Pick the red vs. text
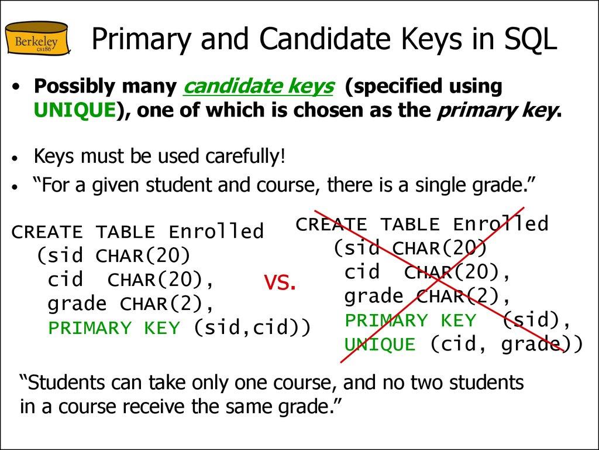coord(280,283)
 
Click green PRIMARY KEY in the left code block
coord(114,328)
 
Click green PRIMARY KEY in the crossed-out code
coord(411,321)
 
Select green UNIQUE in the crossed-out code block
coord(380,345)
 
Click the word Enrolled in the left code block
coord(216,232)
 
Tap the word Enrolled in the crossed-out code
coord(501,224)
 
